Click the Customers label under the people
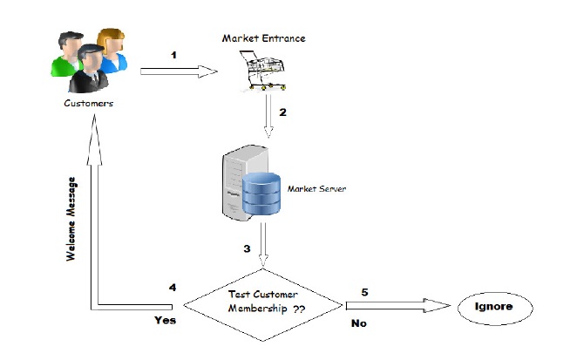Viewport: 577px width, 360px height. point(88,104)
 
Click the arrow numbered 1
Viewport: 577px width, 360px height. point(178,71)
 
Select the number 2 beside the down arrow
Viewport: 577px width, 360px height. point(282,113)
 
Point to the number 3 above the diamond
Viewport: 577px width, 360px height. point(247,249)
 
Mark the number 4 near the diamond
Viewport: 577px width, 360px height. point(173,287)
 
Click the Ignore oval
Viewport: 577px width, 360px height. point(495,308)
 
